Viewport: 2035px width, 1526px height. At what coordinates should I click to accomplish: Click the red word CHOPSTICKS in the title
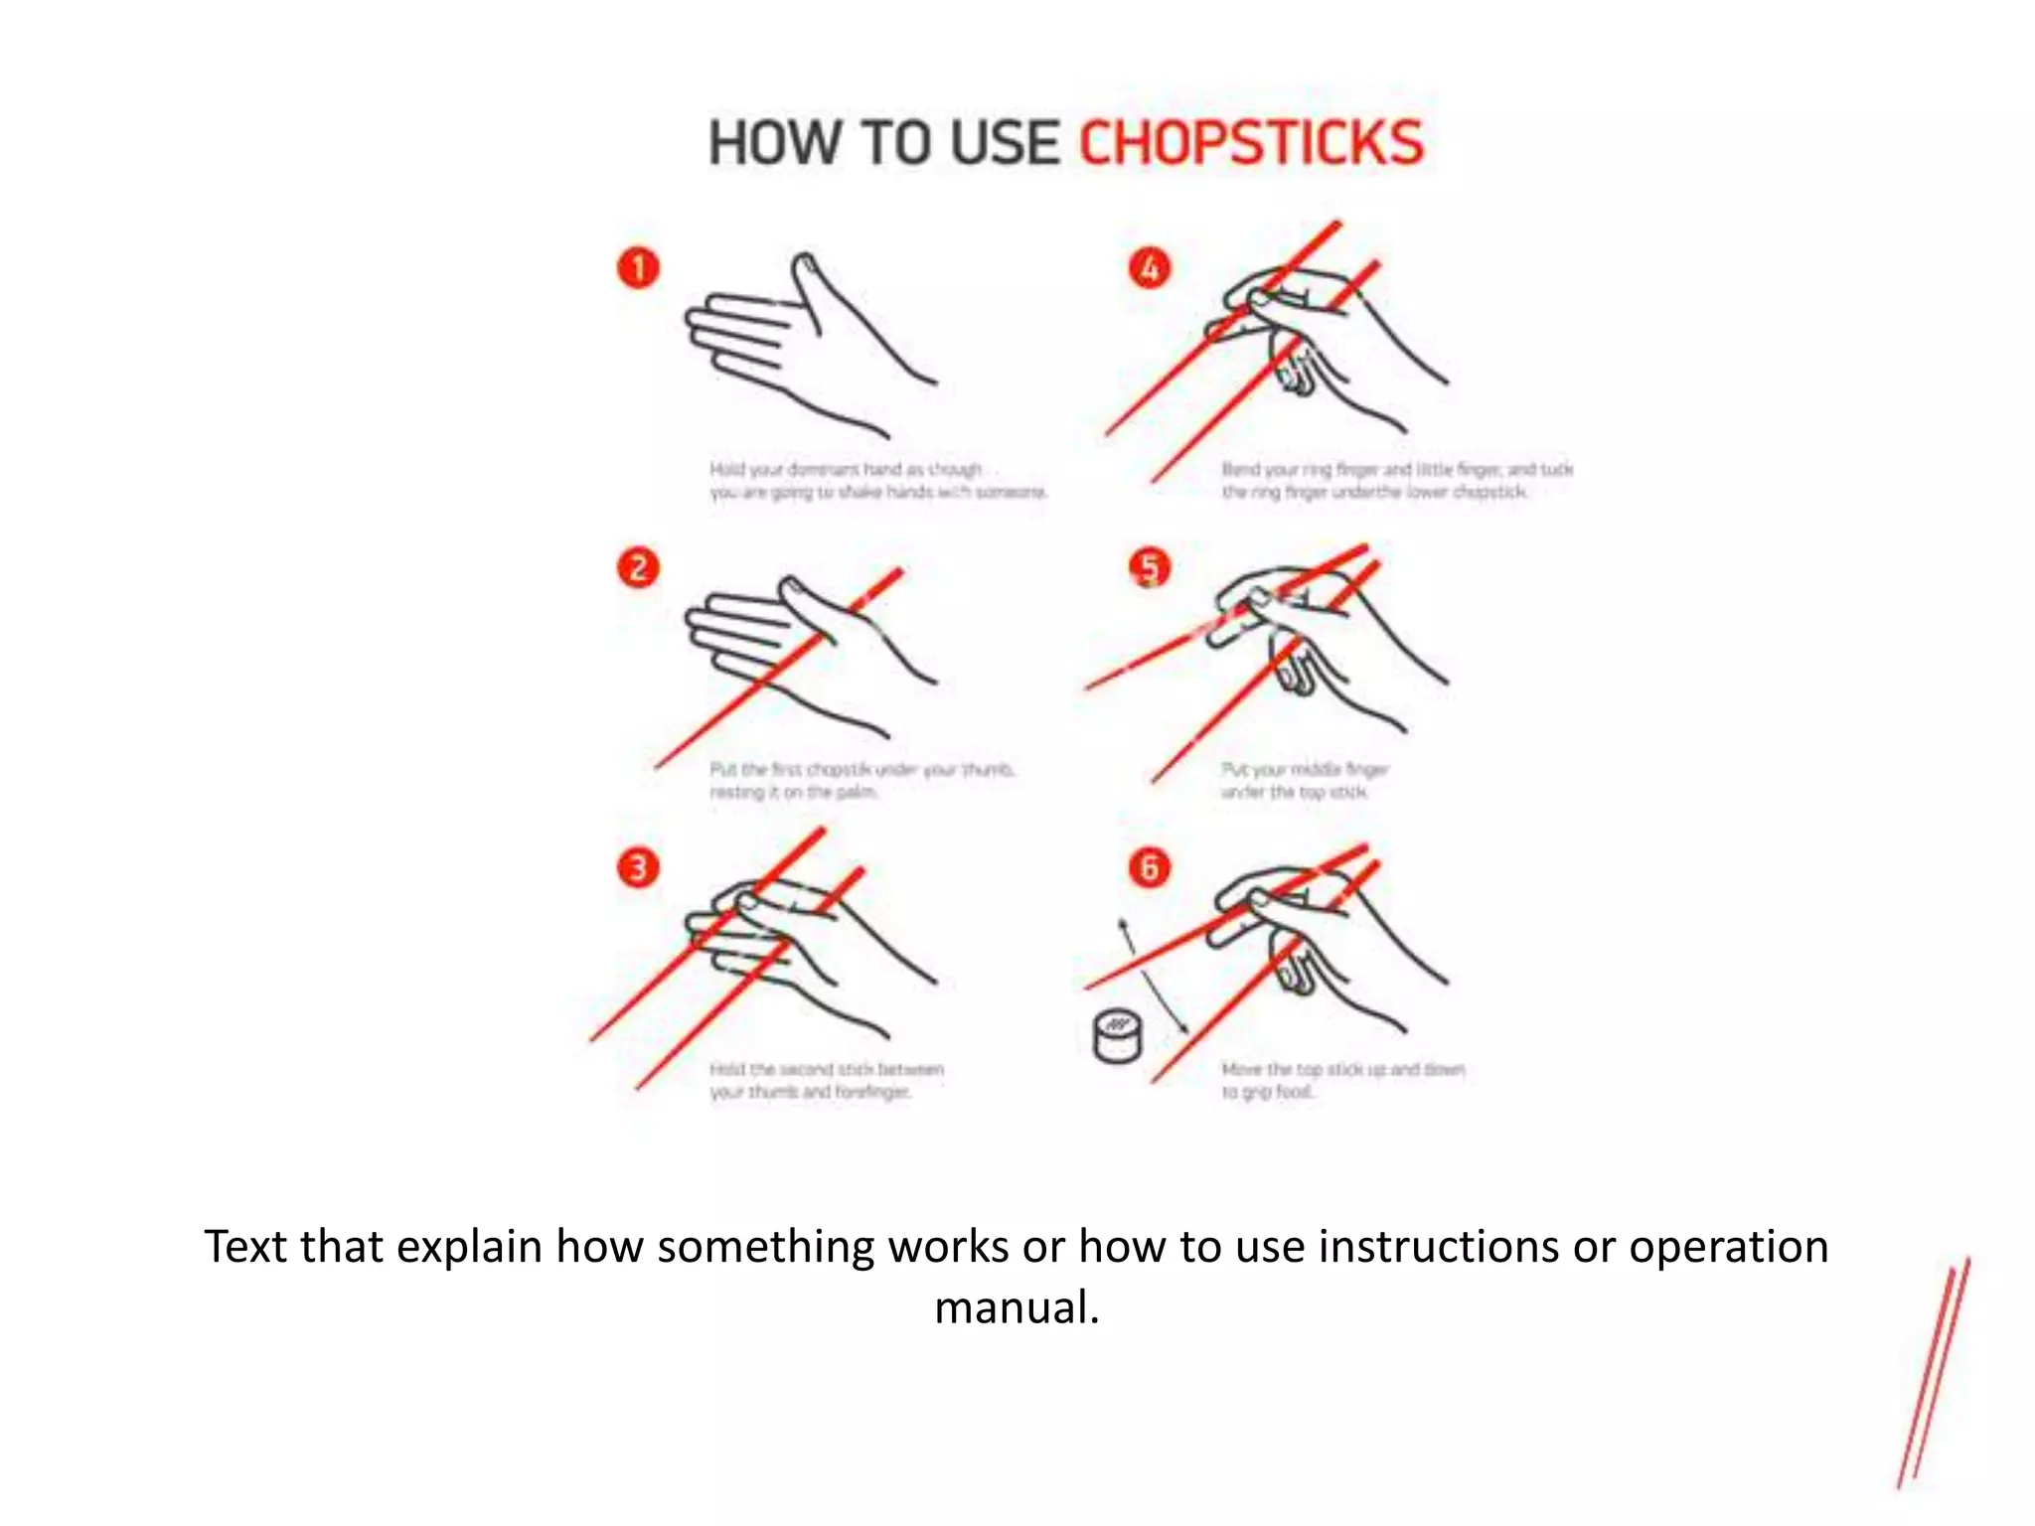pyautogui.click(x=1251, y=143)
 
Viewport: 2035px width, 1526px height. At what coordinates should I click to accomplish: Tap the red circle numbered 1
pyautogui.click(x=638, y=267)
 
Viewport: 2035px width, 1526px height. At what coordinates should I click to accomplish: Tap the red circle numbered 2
pyautogui.click(x=638, y=567)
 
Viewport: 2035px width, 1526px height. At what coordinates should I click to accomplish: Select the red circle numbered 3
pyautogui.click(x=638, y=867)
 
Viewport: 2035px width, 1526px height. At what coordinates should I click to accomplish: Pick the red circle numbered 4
pyautogui.click(x=1150, y=267)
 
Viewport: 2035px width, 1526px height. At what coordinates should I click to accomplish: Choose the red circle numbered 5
pyautogui.click(x=1150, y=567)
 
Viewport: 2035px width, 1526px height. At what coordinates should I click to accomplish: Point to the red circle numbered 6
pyautogui.click(x=1150, y=867)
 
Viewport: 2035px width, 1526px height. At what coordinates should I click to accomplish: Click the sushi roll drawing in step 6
pyautogui.click(x=1117, y=1036)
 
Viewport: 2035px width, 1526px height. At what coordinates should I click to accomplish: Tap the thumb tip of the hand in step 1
pyautogui.click(x=805, y=264)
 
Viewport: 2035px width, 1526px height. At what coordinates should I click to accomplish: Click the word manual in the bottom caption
pyautogui.click(x=1016, y=1307)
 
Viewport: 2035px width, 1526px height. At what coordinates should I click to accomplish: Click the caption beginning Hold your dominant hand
pyautogui.click(x=876, y=481)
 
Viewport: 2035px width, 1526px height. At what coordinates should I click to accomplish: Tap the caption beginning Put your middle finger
pyautogui.click(x=1304, y=781)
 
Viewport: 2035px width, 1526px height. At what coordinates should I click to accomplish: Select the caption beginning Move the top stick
pyautogui.click(x=1341, y=1081)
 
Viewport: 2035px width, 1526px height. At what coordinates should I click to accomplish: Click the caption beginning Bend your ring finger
pyautogui.click(x=1396, y=481)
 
